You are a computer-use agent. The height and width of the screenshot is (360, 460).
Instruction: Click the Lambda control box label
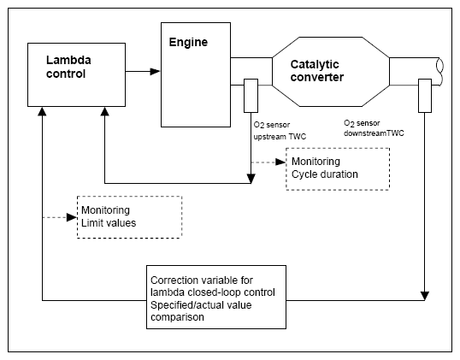pyautogui.click(x=68, y=67)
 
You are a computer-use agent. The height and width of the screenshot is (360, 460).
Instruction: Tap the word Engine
pyautogui.click(x=188, y=42)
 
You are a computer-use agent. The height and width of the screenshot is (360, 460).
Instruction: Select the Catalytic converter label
pyautogui.click(x=317, y=71)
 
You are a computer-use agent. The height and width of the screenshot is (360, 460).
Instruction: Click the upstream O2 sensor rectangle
pyautogui.click(x=251, y=96)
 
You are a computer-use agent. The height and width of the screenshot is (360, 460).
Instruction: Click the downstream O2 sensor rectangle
pyautogui.click(x=425, y=96)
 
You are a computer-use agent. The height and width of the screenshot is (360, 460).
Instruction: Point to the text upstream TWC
pyautogui.click(x=280, y=137)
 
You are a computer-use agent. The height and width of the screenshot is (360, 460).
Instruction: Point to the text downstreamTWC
pyautogui.click(x=374, y=133)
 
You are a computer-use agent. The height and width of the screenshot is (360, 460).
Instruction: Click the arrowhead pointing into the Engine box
pyautogui.click(x=155, y=71)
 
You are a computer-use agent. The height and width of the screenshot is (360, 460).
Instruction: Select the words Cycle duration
pyautogui.click(x=324, y=174)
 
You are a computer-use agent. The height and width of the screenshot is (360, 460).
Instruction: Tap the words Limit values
pyautogui.click(x=109, y=223)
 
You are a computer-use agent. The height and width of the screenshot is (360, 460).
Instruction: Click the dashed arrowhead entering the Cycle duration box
pyautogui.click(x=280, y=162)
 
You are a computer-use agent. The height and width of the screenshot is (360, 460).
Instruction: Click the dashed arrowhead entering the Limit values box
pyautogui.click(x=72, y=217)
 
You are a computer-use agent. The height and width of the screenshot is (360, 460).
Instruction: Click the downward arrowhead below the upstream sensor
pyautogui.click(x=251, y=179)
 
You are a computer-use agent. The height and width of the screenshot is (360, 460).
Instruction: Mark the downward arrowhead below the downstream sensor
pyautogui.click(x=425, y=296)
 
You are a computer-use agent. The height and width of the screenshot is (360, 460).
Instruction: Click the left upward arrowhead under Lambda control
pyautogui.click(x=42, y=111)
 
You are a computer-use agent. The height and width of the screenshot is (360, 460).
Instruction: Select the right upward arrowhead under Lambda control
pyautogui.click(x=104, y=111)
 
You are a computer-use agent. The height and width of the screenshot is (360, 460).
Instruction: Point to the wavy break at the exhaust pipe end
pyautogui.click(x=440, y=72)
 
